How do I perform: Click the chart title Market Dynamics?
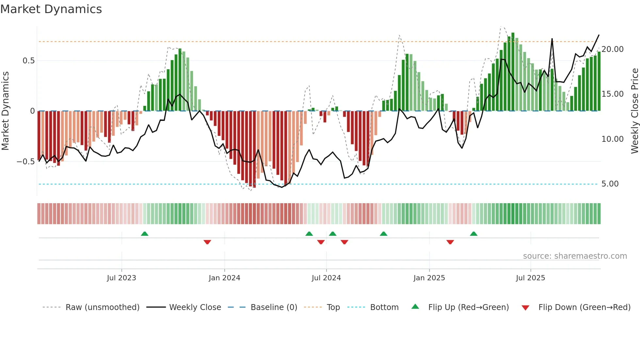[x=51, y=9]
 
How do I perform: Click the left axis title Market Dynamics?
[x=5, y=111]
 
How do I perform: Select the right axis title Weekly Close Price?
[x=634, y=111]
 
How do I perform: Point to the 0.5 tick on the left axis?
[x=28, y=61]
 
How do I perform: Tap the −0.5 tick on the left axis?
[x=26, y=162]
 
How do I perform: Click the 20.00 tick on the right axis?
[x=612, y=49]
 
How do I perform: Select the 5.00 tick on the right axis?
[x=610, y=184]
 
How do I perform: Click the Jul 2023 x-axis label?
[x=121, y=278]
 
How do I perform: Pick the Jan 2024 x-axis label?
[x=224, y=278]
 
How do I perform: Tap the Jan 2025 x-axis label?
[x=429, y=278]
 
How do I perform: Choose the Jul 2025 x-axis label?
[x=530, y=278]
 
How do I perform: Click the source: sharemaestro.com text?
[x=575, y=256]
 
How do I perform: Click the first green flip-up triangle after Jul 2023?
[x=145, y=234]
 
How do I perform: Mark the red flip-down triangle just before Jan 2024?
[x=207, y=242]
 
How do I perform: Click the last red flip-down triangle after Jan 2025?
[x=450, y=242]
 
